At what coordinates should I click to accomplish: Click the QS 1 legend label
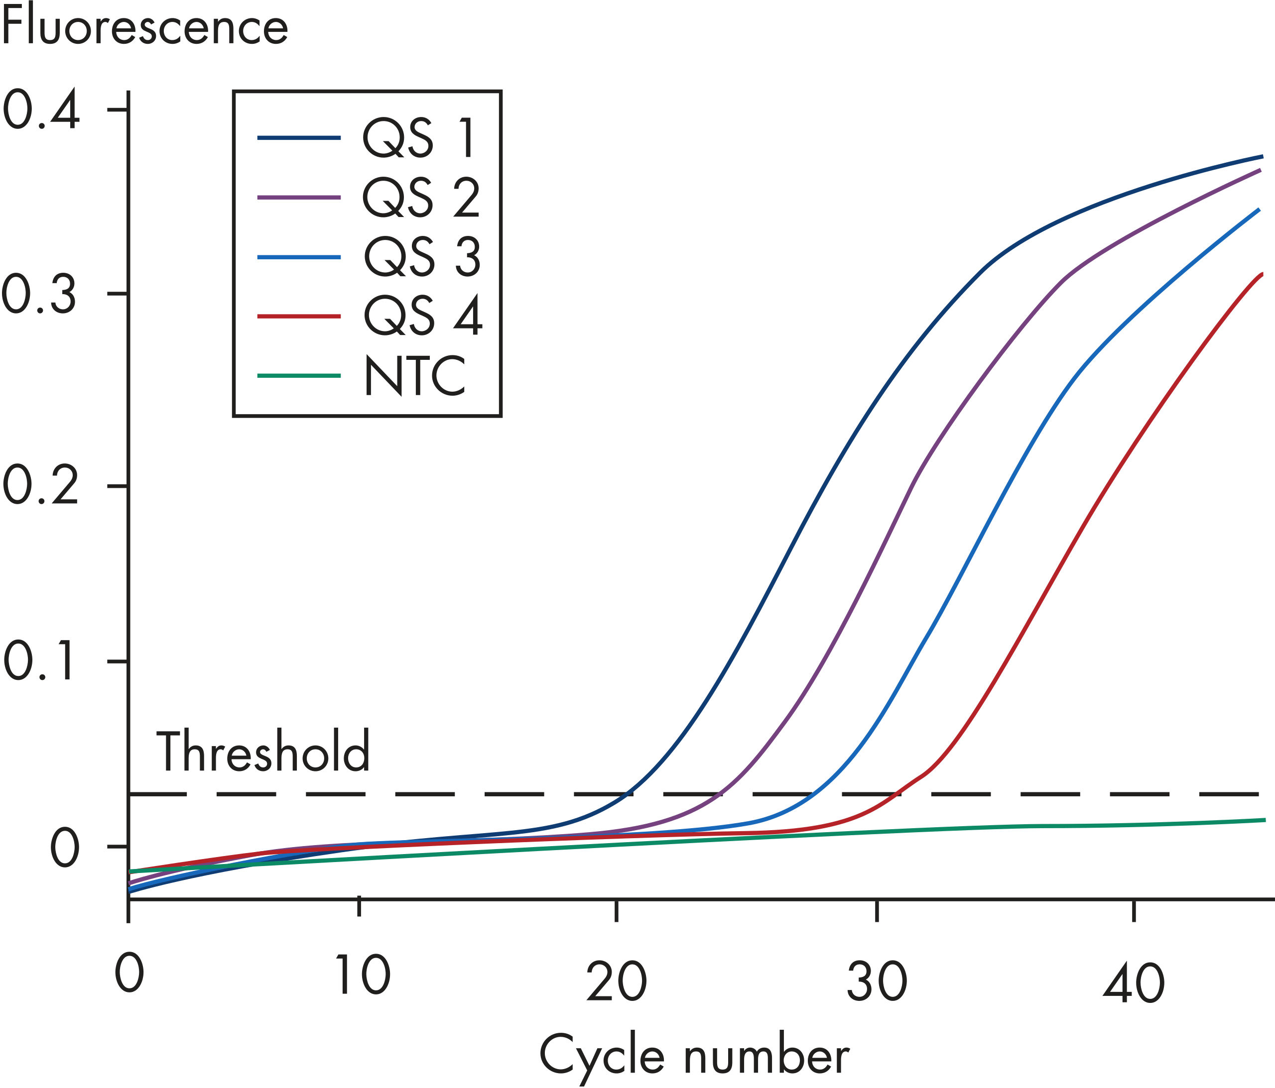[x=418, y=138]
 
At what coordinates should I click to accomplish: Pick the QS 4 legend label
[x=423, y=316]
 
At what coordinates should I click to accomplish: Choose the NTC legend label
[x=415, y=375]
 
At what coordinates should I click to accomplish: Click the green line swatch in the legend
[x=299, y=375]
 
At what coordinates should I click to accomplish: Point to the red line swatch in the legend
[x=299, y=316]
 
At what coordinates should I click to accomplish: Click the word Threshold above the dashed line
[x=263, y=751]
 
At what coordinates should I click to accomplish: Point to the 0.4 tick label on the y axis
[x=41, y=109]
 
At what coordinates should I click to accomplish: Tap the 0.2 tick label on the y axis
[x=41, y=486]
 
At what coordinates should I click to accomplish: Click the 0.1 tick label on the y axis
[x=41, y=662]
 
